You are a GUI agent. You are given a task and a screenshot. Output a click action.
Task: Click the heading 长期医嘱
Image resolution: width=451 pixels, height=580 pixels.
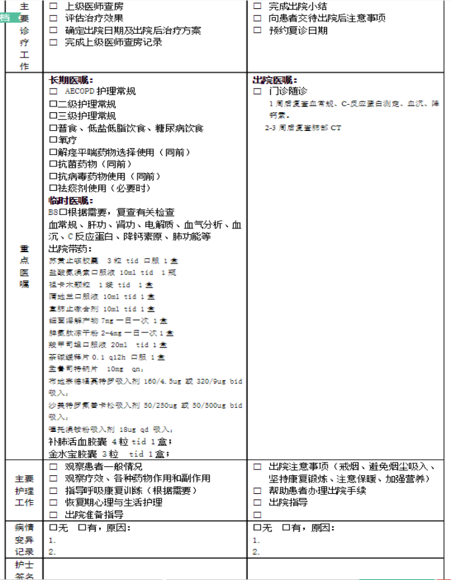tap(71, 80)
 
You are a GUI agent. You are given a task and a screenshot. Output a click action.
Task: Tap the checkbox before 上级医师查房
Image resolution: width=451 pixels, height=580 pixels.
tap(54, 6)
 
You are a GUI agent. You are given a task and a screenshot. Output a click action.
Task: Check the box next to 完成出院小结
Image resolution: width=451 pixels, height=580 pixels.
tap(257, 6)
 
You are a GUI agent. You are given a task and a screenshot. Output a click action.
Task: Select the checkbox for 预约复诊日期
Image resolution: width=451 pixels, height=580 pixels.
tap(257, 31)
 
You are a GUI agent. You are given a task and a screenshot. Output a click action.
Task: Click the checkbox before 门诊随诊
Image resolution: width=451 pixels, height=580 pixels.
tap(257, 92)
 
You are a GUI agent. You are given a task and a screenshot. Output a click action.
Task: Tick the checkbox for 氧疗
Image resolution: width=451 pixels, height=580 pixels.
tap(53, 140)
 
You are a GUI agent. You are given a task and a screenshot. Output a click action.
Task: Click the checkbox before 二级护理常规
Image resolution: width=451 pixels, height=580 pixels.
tap(53, 104)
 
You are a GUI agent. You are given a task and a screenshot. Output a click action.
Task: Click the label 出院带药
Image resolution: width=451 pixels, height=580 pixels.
tap(70, 248)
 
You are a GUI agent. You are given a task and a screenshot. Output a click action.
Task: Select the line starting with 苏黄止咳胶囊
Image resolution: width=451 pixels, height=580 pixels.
tap(113, 261)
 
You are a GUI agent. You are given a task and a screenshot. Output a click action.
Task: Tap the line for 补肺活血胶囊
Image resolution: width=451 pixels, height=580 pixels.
tap(109, 442)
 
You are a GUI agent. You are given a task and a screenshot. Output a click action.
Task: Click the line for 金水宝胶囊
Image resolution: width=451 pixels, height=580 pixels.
tap(108, 454)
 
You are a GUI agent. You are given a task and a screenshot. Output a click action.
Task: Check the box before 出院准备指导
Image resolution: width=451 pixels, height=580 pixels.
tap(54, 514)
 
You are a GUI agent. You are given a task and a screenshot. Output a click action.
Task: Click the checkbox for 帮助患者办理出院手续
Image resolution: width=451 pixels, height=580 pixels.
tap(257, 491)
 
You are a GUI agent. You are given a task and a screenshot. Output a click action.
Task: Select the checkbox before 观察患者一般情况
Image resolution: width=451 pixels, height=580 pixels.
tap(54, 466)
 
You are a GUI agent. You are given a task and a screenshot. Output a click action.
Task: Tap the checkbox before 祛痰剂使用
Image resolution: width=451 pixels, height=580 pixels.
tap(53, 188)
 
